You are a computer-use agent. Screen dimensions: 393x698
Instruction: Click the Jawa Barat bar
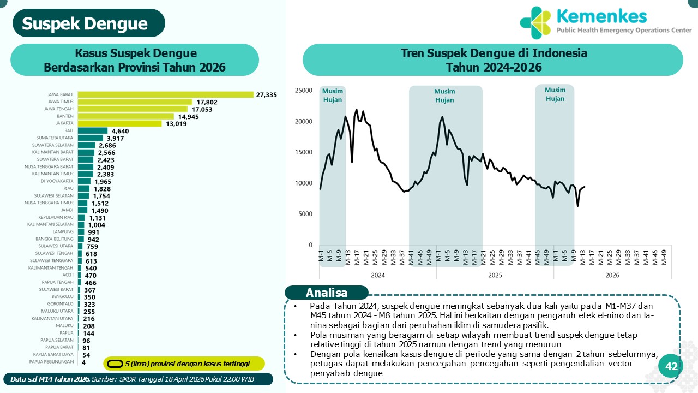tap(166, 94)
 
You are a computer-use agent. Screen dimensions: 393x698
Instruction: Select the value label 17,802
tap(207, 102)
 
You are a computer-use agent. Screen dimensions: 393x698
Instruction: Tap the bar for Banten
tap(125, 116)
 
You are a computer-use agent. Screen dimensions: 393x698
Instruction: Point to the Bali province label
tap(69, 130)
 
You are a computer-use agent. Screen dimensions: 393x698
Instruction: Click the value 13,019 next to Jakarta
tap(176, 123)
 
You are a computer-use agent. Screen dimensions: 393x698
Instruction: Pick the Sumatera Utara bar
tap(91, 138)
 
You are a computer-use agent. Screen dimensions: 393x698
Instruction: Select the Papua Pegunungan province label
tap(51, 361)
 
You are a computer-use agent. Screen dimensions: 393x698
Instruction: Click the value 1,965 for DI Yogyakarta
tap(103, 181)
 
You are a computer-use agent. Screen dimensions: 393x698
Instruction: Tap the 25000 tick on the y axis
tap(303, 91)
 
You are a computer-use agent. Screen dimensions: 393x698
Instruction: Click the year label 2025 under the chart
tap(495, 276)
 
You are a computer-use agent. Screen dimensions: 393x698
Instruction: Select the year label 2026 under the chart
tap(612, 276)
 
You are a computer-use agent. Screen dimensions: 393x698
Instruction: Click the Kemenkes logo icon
tap(536, 21)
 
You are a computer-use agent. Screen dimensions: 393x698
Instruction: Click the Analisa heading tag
tap(327, 293)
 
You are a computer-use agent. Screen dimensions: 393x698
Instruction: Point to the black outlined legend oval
tap(115, 364)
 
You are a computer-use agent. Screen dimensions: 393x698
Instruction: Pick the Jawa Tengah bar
tap(133, 109)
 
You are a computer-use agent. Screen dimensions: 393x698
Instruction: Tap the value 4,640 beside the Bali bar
tap(120, 131)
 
